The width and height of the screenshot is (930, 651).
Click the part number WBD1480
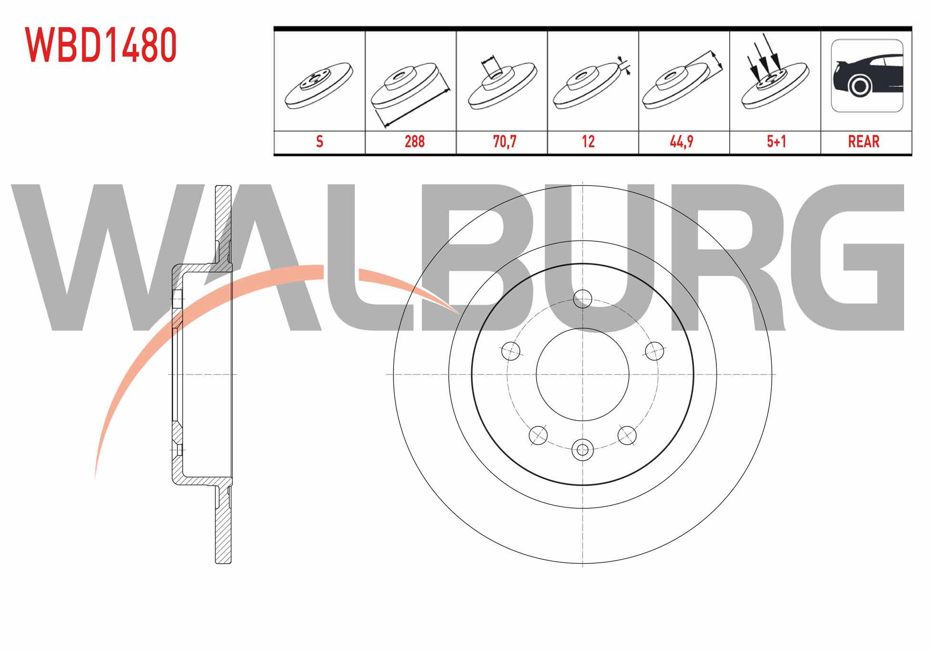(101, 45)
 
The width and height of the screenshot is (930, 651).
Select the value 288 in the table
(414, 142)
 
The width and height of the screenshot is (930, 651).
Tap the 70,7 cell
(505, 142)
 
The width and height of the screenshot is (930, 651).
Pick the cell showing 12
(588, 142)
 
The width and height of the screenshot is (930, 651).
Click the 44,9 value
(682, 142)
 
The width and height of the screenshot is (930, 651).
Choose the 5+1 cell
(776, 142)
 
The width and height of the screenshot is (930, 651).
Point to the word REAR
(864, 142)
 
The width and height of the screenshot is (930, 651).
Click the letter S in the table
(320, 142)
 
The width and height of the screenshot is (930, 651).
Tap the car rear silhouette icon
(867, 76)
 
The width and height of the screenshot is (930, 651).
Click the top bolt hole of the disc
(582, 299)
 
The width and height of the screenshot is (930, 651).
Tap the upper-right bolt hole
(654, 351)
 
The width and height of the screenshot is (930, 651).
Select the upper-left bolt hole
(510, 351)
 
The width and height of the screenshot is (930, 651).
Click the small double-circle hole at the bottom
(582, 449)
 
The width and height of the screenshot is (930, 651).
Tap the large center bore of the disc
(582, 374)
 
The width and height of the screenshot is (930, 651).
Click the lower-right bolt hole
(627, 435)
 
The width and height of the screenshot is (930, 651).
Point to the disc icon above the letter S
(319, 85)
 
